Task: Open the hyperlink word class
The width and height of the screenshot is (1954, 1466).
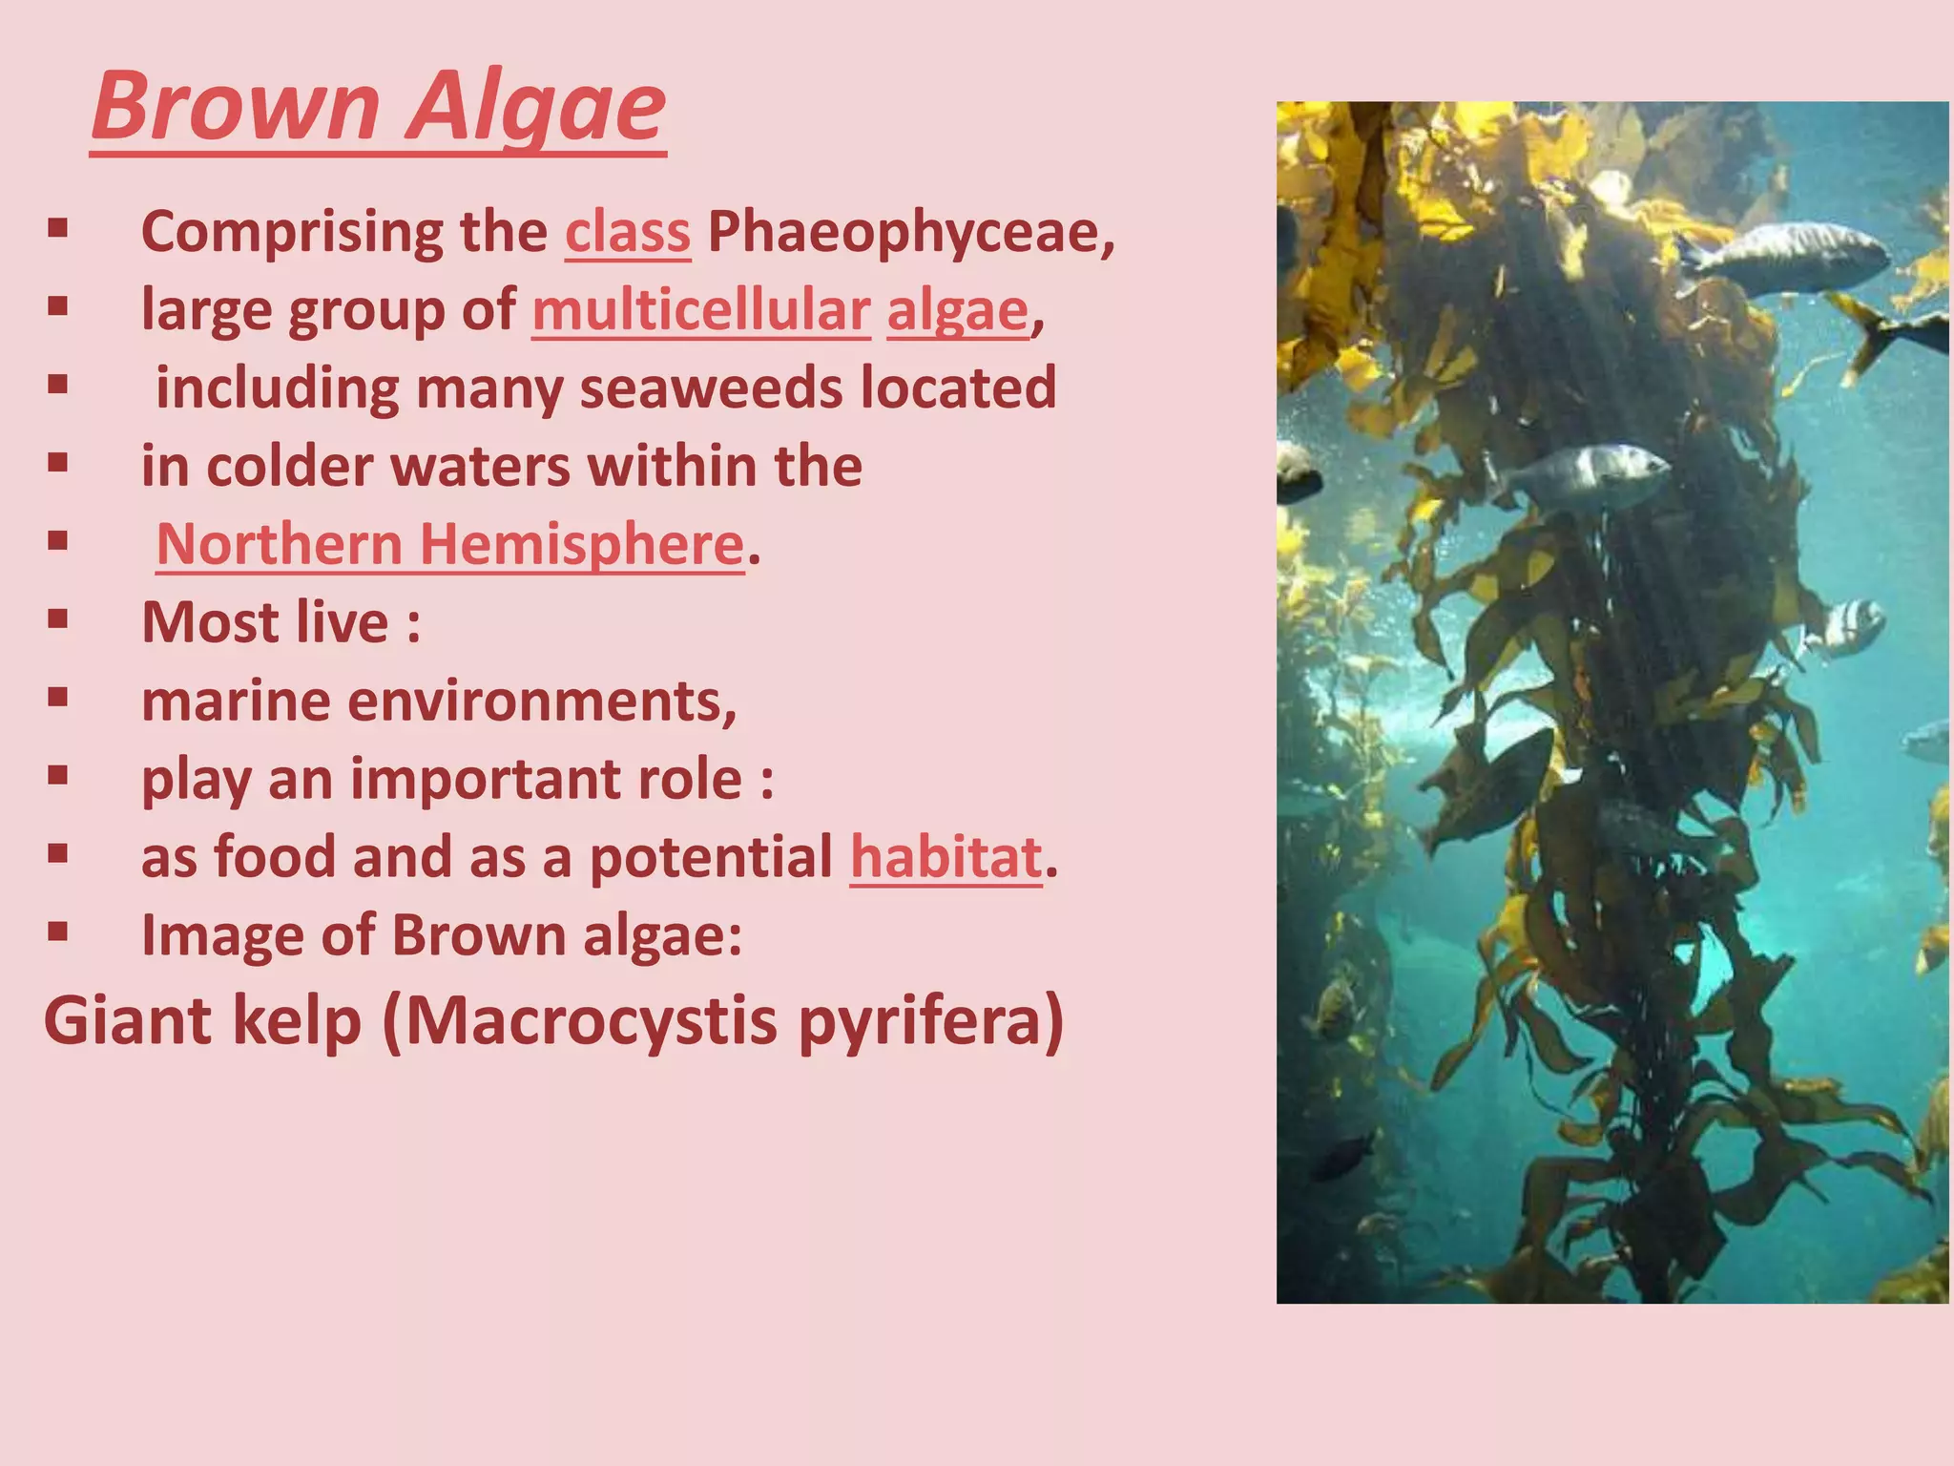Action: [x=627, y=232]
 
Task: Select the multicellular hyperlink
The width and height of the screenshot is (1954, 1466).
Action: [x=701, y=310]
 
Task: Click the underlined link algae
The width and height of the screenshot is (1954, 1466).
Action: [x=958, y=310]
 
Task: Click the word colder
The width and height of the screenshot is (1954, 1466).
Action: [x=290, y=467]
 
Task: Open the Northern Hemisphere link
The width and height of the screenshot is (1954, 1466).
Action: [x=449, y=544]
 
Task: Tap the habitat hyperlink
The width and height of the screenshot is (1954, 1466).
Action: [x=946, y=856]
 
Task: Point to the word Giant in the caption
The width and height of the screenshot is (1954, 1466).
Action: [x=128, y=1021]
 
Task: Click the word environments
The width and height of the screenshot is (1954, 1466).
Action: [x=541, y=702]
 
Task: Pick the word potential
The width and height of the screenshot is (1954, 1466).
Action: [x=711, y=856]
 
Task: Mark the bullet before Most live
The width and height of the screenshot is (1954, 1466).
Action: [x=58, y=620]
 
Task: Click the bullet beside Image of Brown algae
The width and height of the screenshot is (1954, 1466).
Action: [x=58, y=932]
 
